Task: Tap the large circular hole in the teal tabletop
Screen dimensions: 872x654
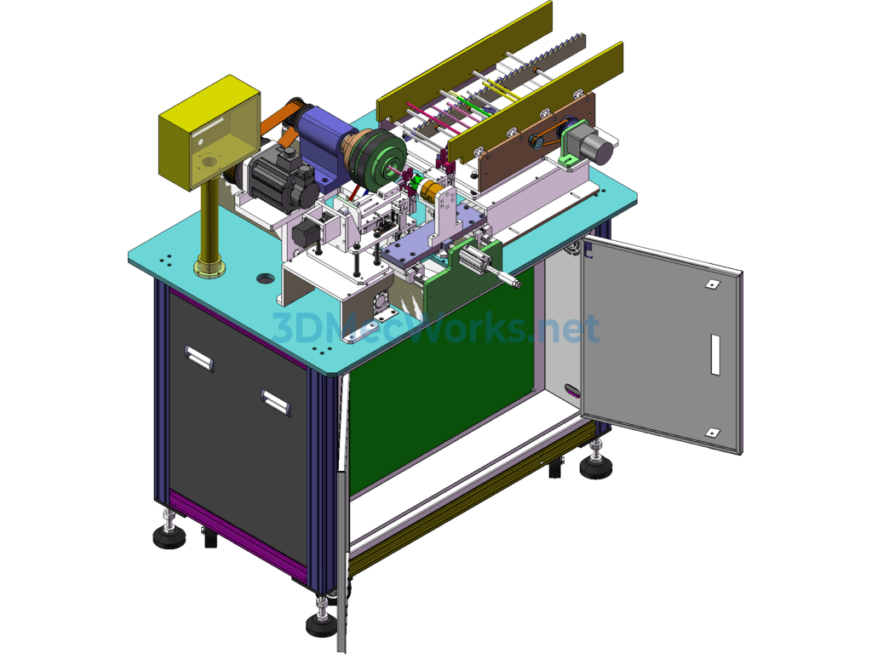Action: (x=267, y=278)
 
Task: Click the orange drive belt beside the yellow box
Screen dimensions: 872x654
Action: (x=282, y=119)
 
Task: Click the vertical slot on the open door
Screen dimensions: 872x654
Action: (x=715, y=354)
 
